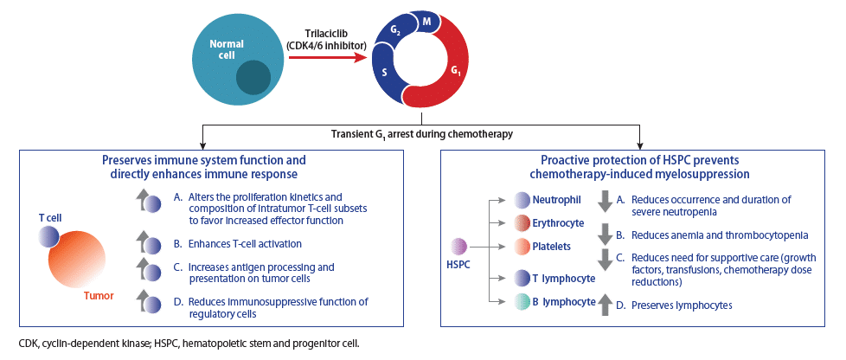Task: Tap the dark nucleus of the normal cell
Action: pyautogui.click(x=253, y=77)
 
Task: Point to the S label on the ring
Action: pyautogui.click(x=384, y=72)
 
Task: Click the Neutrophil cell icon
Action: pyautogui.click(x=523, y=201)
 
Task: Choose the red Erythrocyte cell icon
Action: pyautogui.click(x=523, y=223)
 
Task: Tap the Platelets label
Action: pyautogui.click(x=551, y=246)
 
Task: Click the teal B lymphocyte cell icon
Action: pyautogui.click(x=523, y=302)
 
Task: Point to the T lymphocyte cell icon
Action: pyautogui.click(x=523, y=279)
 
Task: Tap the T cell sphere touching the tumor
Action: pyautogui.click(x=48, y=236)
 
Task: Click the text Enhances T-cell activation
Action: pyautogui.click(x=245, y=243)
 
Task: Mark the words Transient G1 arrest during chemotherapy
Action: pyautogui.click(x=421, y=133)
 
